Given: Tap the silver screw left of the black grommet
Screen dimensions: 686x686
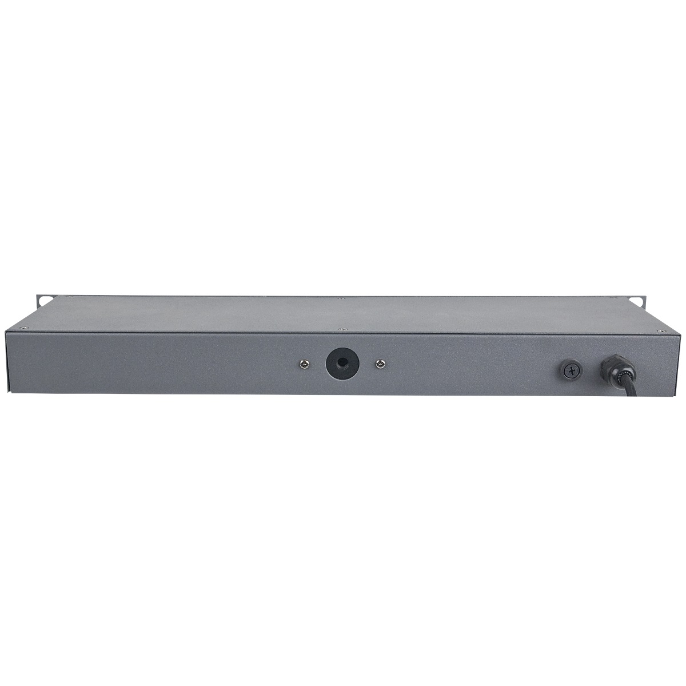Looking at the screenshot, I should (301, 364).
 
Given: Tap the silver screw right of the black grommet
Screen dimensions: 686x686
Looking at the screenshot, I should (378, 364).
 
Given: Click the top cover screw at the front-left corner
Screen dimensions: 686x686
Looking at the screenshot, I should (23, 328).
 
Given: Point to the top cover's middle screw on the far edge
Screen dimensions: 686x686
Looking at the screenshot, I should (341, 298).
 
